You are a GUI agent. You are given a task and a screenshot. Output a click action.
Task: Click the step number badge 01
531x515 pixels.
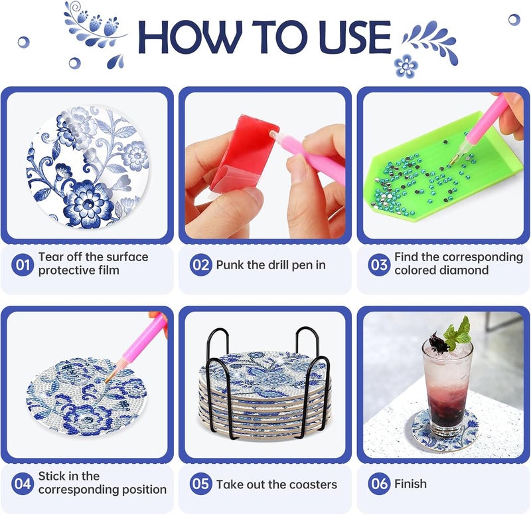23,264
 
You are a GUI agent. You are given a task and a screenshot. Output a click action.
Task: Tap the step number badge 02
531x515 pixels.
201,264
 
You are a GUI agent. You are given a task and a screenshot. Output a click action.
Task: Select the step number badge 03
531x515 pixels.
379,264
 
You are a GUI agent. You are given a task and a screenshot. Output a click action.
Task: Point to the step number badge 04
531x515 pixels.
23,484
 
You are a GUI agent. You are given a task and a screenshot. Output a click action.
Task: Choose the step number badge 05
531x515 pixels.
201,484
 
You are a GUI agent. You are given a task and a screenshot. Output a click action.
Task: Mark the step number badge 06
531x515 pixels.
379,484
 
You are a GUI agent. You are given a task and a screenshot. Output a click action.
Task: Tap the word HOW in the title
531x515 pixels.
190,37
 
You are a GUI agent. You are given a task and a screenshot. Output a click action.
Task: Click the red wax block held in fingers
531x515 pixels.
244,154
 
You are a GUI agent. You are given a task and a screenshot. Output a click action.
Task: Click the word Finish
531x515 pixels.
410,484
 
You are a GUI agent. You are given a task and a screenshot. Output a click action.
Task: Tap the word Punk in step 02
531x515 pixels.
230,264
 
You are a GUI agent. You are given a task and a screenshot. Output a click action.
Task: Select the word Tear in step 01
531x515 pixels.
50,257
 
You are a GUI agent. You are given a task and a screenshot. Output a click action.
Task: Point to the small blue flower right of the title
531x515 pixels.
406,65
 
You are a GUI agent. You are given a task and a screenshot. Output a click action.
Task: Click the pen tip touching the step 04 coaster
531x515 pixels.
107,381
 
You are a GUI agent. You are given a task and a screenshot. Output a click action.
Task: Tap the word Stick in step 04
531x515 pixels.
51,476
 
